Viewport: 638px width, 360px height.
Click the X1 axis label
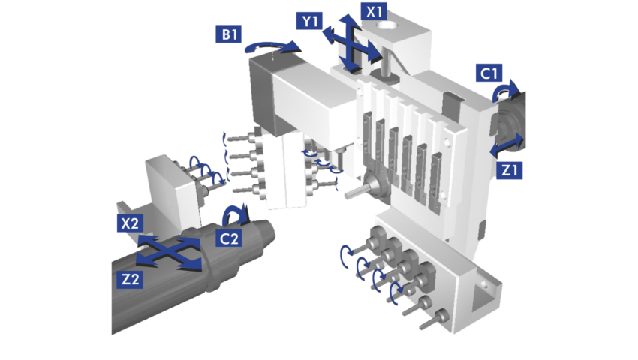(375, 11)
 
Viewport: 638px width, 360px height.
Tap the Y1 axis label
(310, 21)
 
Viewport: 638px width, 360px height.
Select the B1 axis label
(229, 34)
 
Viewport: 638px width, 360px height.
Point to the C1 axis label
(489, 73)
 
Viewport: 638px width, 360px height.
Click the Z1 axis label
(509, 170)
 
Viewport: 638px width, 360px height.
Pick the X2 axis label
(130, 223)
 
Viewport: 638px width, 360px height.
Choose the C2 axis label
(229, 238)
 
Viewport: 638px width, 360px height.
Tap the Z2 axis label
(130, 279)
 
